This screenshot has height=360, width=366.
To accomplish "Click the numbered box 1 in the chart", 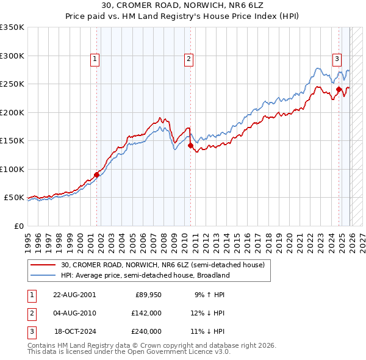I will [x=96, y=59].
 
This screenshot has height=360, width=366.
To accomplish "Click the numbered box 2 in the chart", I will [x=189, y=59].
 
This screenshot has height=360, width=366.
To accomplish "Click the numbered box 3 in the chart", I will [x=337, y=59].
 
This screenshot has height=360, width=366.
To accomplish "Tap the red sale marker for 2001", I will [x=96, y=175].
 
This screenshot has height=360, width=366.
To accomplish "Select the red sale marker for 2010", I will [x=190, y=145].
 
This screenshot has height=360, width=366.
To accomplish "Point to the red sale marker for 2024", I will [x=339, y=90].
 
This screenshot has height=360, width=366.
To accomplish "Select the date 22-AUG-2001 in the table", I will [x=74, y=295].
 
